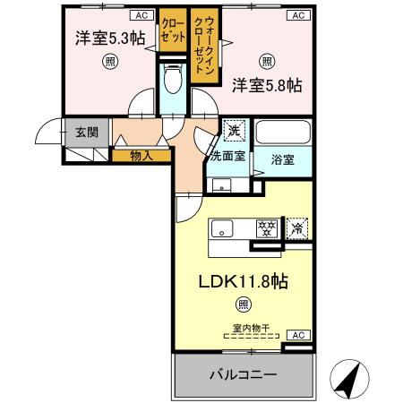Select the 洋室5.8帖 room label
point(266,86)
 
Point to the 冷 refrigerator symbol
point(299,228)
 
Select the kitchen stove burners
point(266,227)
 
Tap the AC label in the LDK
point(299,335)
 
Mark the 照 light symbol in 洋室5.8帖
point(267,61)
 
